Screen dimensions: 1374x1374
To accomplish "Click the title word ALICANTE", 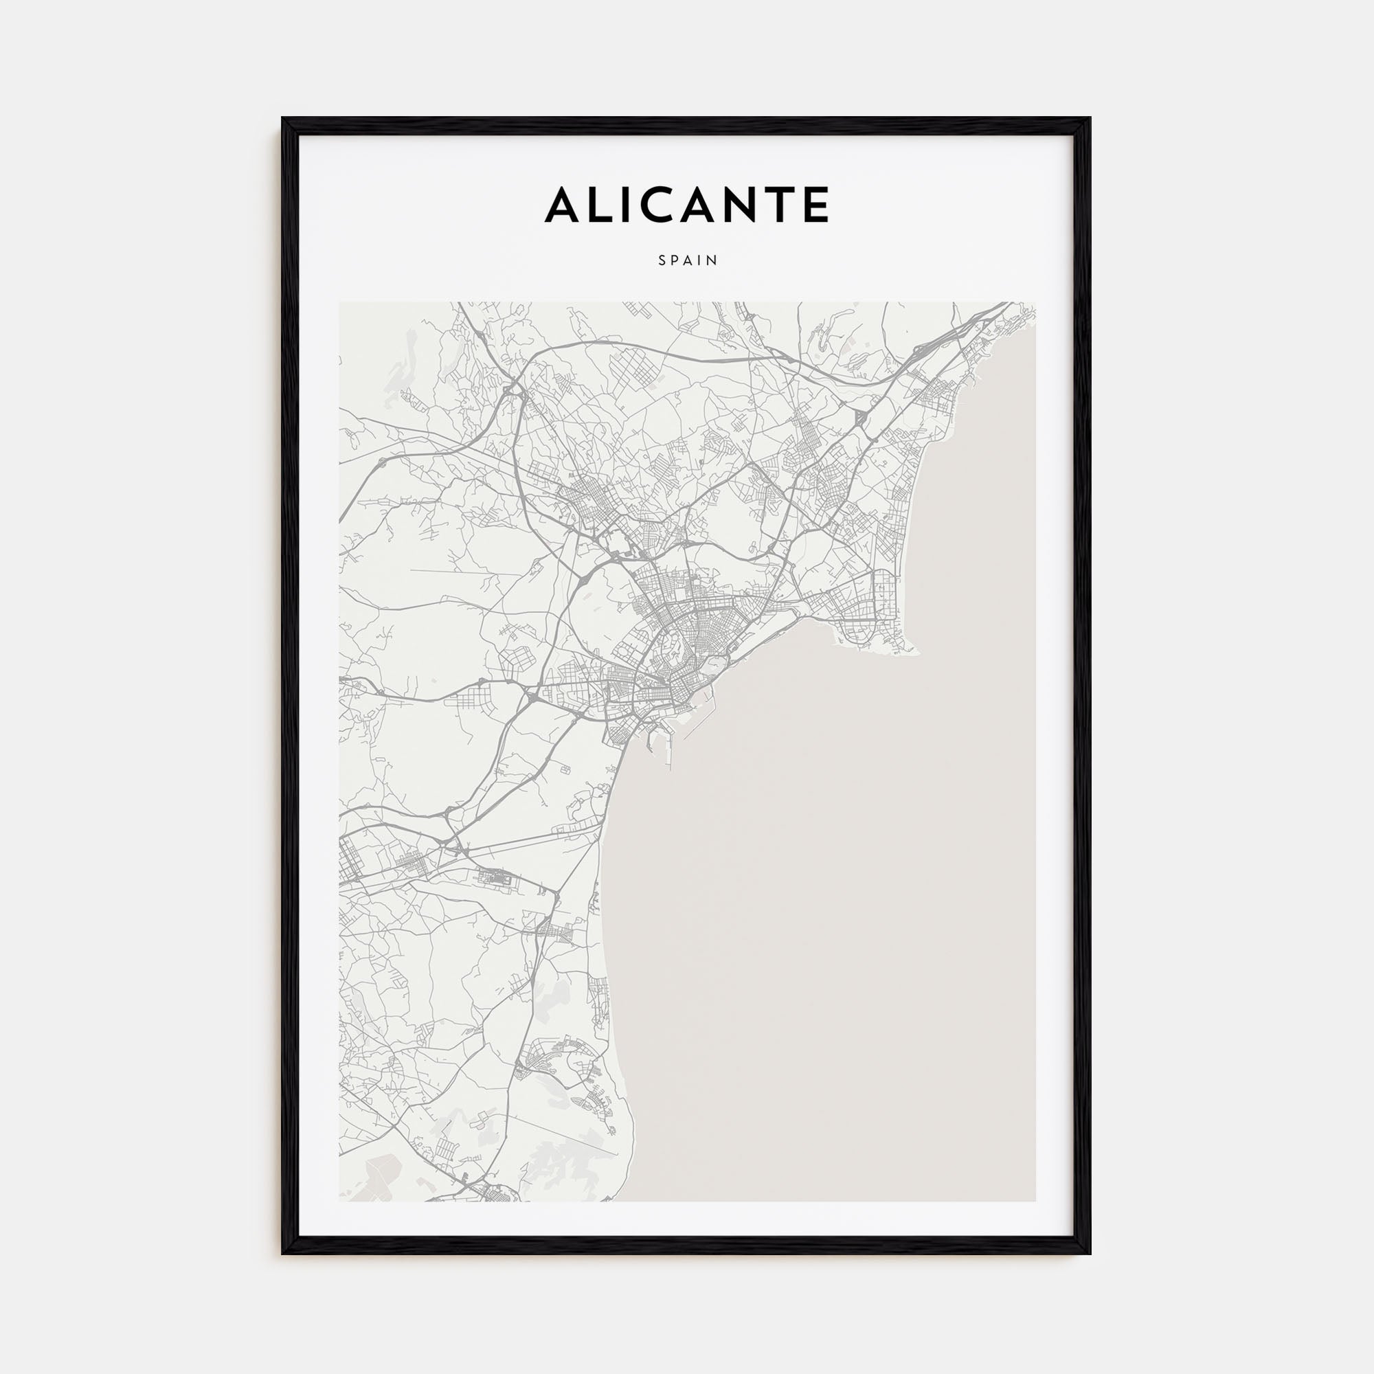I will pos(687,205).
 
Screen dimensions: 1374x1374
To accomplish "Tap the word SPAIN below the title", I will pos(688,261).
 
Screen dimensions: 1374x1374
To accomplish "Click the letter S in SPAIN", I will pos(662,261).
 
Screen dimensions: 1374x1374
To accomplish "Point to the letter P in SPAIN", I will pos(675,261).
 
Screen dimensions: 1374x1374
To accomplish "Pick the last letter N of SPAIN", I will pos(713,261).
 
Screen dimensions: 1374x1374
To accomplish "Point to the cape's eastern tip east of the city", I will pos(918,651).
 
